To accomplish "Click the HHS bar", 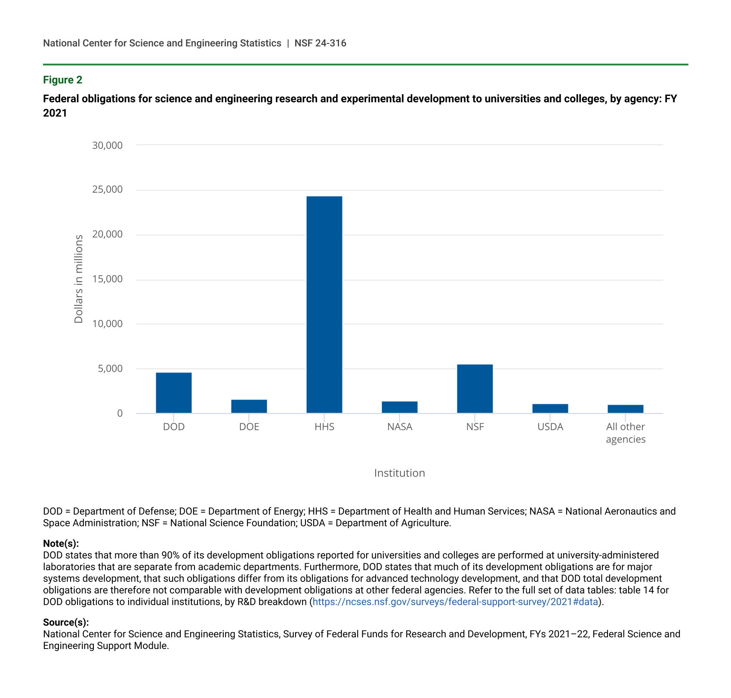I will point(324,304).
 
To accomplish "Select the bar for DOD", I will point(173,393).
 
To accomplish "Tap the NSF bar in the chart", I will point(475,389).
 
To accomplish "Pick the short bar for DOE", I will point(249,406).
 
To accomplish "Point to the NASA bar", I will point(399,407).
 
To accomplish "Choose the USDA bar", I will point(550,409).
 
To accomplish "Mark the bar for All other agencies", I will point(625,409).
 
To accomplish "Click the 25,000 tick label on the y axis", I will point(107,190).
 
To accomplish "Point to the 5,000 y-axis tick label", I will point(110,369).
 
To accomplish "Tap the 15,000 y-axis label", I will point(107,279).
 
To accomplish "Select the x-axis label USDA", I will point(550,427).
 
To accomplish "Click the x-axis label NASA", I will point(399,427).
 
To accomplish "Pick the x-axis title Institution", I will point(399,473).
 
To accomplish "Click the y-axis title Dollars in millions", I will point(78,279).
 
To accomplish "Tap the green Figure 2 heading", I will point(62,80).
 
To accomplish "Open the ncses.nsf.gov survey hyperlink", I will point(455,602).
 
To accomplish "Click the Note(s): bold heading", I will point(61,543).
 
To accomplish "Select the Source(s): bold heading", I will point(66,622).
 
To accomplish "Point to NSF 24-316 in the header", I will point(320,43).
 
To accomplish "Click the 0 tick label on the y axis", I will point(119,413).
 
